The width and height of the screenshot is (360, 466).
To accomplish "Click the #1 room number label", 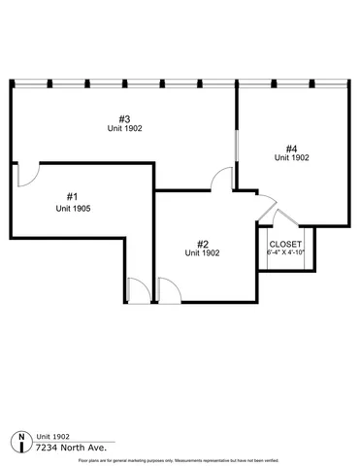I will coord(73,195).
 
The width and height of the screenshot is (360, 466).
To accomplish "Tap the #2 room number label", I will coord(203,244).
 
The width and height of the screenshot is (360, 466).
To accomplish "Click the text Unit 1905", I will coord(73,208).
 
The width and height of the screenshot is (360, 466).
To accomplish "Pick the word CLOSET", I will coord(285,244).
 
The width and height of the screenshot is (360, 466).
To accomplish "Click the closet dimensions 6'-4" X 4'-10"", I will coord(285,252).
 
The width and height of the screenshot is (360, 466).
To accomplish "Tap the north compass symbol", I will coord(21,442).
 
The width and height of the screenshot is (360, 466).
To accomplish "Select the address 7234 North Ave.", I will coord(70,448).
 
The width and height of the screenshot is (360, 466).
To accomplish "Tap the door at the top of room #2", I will coord(222,180).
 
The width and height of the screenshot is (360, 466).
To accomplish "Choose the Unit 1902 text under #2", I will coord(203,253).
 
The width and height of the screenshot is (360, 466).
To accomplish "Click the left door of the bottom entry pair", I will coord(137,289).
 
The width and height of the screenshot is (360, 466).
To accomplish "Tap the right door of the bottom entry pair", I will coord(167,289).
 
